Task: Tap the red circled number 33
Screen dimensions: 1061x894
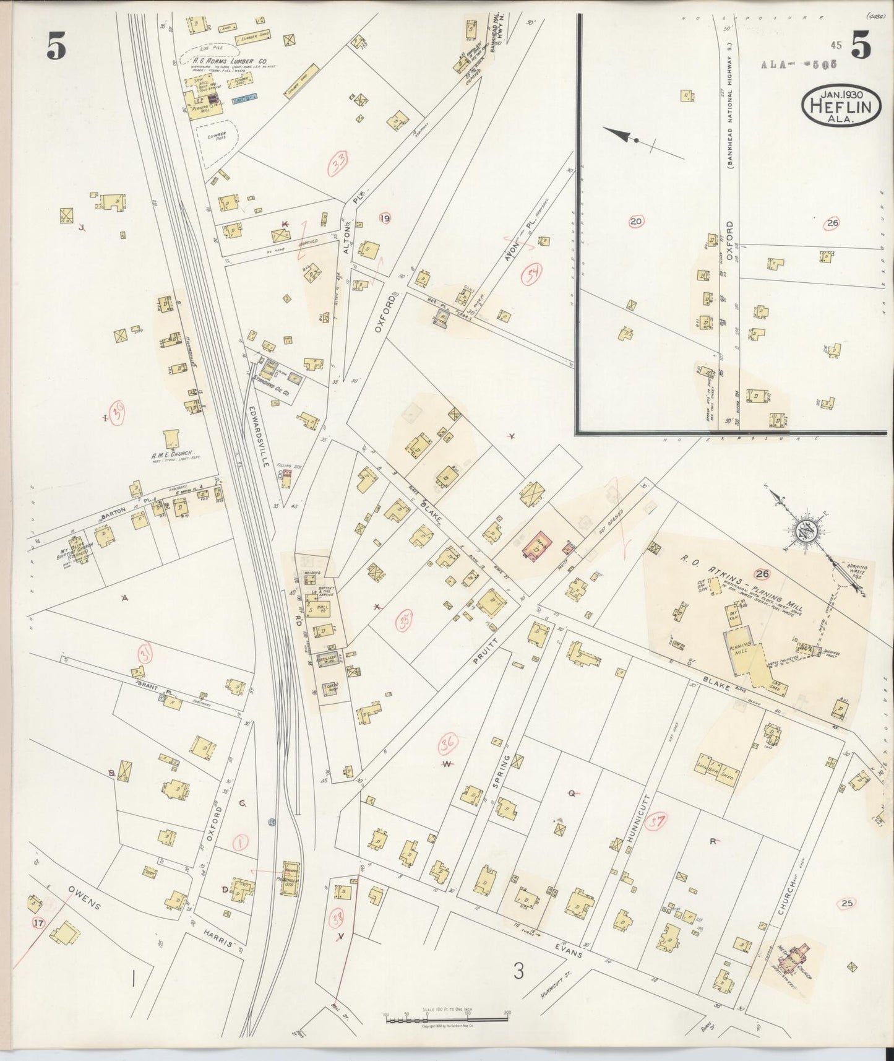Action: click(x=338, y=163)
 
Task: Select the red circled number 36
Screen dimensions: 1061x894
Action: click(x=448, y=743)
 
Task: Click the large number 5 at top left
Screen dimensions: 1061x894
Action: click(x=56, y=48)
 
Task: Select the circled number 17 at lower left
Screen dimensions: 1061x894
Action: click(x=38, y=923)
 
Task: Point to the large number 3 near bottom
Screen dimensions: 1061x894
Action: click(x=517, y=971)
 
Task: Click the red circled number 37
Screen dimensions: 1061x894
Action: click(x=656, y=822)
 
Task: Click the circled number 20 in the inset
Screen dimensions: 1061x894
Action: click(x=635, y=221)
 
